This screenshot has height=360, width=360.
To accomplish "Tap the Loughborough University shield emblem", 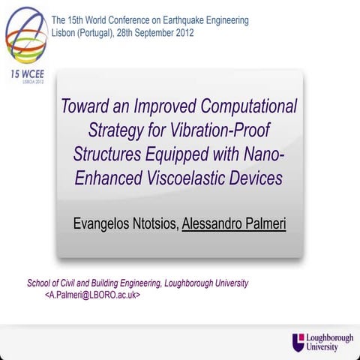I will pos(298,342).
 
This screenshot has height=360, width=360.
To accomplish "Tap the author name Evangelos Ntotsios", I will pos(126,223).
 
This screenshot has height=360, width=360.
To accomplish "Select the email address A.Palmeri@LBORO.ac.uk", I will pos(92,296).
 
